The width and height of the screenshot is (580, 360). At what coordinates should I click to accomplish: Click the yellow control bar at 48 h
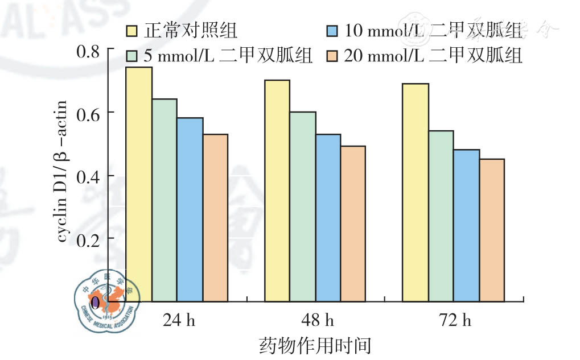coord(277,190)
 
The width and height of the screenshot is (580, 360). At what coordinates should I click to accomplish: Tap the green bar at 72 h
coord(441,216)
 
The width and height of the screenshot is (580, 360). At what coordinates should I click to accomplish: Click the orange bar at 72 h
coord(492,230)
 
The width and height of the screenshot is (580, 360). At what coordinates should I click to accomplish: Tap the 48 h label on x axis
coord(318,321)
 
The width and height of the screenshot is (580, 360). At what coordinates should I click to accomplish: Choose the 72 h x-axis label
coord(456,321)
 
